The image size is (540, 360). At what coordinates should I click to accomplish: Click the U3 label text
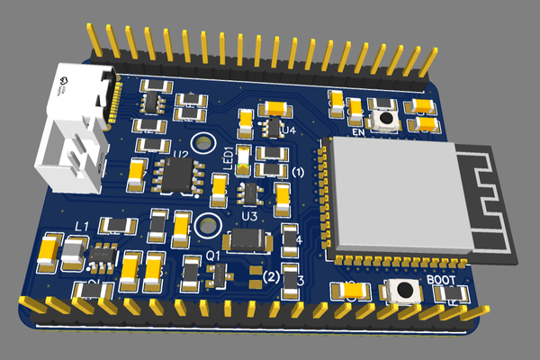[x=250, y=217]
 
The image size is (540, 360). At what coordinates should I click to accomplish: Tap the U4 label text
[x=288, y=131]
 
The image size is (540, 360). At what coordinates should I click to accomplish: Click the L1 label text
[x=80, y=224]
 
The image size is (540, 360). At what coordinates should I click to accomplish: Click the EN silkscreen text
[x=356, y=132]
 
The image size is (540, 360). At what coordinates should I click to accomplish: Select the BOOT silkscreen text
[x=446, y=279]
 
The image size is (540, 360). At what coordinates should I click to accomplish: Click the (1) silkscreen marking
[x=299, y=171]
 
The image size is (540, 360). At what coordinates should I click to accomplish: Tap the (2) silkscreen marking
[x=271, y=277]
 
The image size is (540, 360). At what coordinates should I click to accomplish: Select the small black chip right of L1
[x=102, y=256]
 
